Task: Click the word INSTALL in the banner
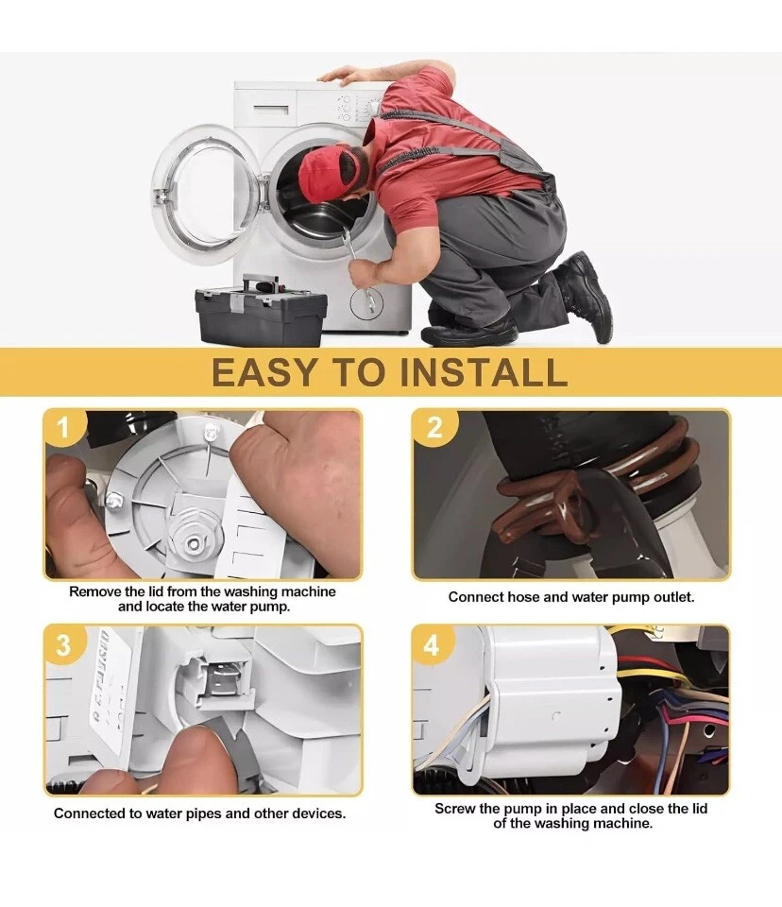[483, 372]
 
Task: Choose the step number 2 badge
[434, 428]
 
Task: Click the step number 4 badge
[433, 645]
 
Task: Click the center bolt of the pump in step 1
[192, 542]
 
